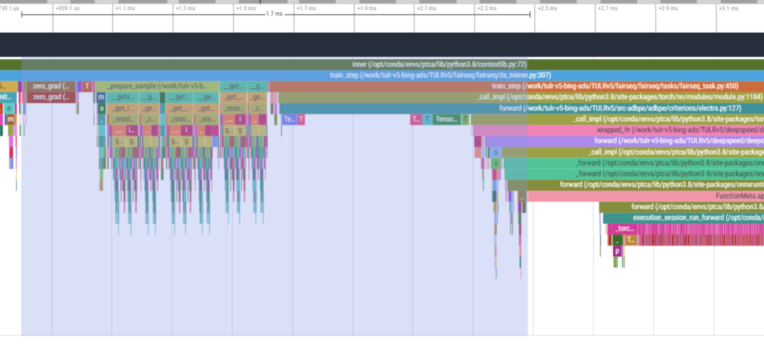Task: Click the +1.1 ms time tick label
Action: point(125,8)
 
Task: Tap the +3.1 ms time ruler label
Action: point(729,8)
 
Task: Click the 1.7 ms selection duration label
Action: point(274,14)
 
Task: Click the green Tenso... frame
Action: point(446,119)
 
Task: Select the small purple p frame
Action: point(617,251)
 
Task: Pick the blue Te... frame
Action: point(289,119)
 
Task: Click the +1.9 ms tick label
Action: point(367,8)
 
